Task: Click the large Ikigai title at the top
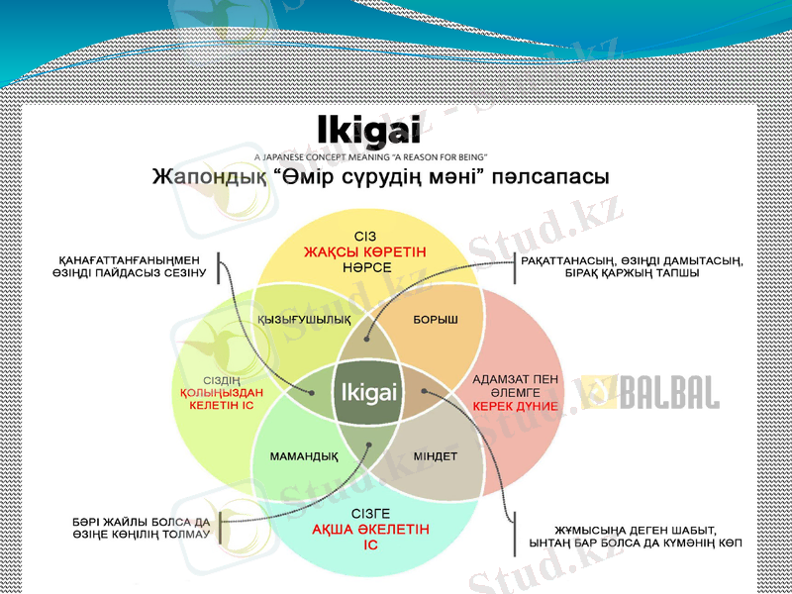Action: click(x=369, y=132)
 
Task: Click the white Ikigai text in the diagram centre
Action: click(x=368, y=393)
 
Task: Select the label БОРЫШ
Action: click(x=436, y=320)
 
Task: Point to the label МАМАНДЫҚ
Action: click(x=304, y=456)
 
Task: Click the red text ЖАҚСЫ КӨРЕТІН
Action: click(x=365, y=253)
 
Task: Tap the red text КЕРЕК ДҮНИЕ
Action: click(x=515, y=406)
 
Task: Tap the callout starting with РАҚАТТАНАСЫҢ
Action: click(x=631, y=266)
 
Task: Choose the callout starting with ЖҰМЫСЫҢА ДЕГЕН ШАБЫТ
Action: click(x=636, y=538)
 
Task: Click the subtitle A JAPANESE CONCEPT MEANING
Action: click(x=370, y=156)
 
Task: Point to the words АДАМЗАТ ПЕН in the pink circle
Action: click(x=515, y=379)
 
